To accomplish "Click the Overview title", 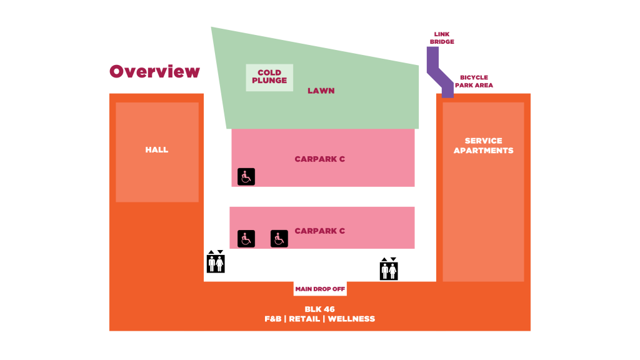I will (154, 72).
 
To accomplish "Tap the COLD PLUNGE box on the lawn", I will (269, 77).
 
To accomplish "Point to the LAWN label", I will (321, 91).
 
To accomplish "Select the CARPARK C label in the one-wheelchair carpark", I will (319, 159).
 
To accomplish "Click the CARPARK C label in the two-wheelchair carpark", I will (319, 231).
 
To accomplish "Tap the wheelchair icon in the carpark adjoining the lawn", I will (246, 177).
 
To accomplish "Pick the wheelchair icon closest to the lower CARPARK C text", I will (279, 239).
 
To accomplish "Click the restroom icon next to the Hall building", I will (216, 264).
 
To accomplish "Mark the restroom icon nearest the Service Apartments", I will (389, 271).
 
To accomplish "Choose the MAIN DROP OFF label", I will (320, 289).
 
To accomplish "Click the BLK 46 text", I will (319, 309).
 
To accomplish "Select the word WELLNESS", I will (351, 319).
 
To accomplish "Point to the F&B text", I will (272, 319).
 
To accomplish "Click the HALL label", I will (157, 150).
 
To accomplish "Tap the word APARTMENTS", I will (483, 151).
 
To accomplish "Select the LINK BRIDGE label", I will (442, 39).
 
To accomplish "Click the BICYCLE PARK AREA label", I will (474, 81).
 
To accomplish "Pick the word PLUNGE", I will (269, 81).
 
